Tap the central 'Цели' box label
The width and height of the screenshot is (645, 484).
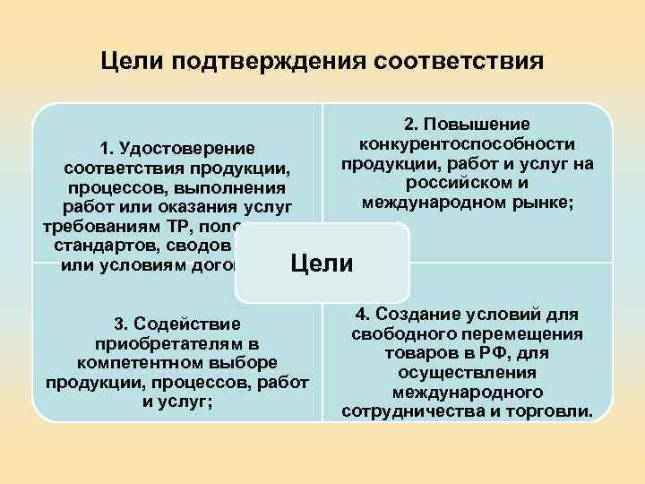pos(322,264)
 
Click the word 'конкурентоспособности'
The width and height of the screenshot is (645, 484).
pos(467,144)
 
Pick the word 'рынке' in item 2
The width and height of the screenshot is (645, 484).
pos(546,203)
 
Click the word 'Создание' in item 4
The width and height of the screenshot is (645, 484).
pos(415,314)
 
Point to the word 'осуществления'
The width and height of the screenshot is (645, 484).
pos(468,373)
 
